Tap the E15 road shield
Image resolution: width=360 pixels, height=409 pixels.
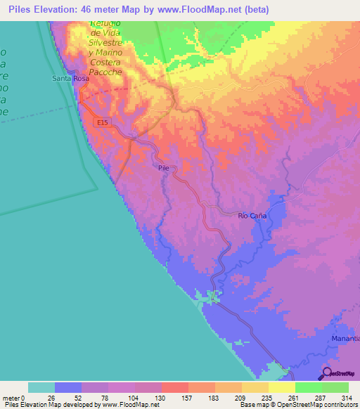[x=103, y=122]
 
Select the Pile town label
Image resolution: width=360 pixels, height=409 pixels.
[x=164, y=168]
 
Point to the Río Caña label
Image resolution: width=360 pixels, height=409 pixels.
[x=252, y=216]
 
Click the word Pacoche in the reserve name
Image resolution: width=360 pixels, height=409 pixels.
[x=106, y=72]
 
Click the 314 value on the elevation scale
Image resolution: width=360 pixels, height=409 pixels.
[x=348, y=398]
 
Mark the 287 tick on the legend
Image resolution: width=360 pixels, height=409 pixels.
[x=321, y=398]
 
